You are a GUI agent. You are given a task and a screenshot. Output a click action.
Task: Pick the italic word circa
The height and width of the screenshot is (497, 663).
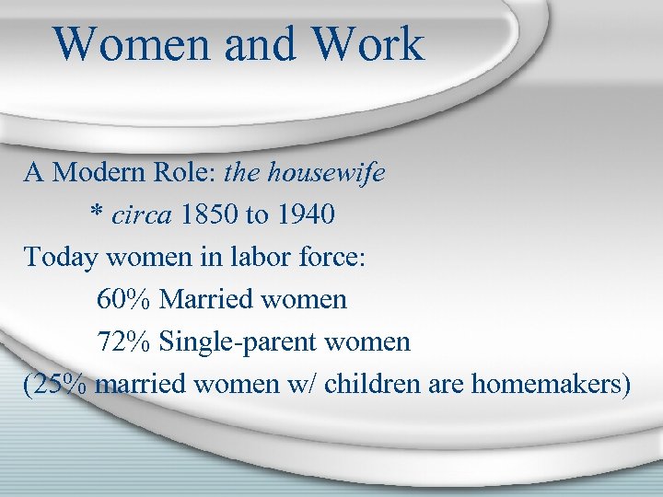(x=142, y=214)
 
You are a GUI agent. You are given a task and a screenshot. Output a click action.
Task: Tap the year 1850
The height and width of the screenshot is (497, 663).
(x=209, y=214)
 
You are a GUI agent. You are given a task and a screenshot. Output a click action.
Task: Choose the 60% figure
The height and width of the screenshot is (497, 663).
(x=123, y=299)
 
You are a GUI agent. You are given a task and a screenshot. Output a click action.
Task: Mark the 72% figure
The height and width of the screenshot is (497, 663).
(x=123, y=341)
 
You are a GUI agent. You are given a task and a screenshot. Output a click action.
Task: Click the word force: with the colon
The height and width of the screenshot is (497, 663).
(x=332, y=257)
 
